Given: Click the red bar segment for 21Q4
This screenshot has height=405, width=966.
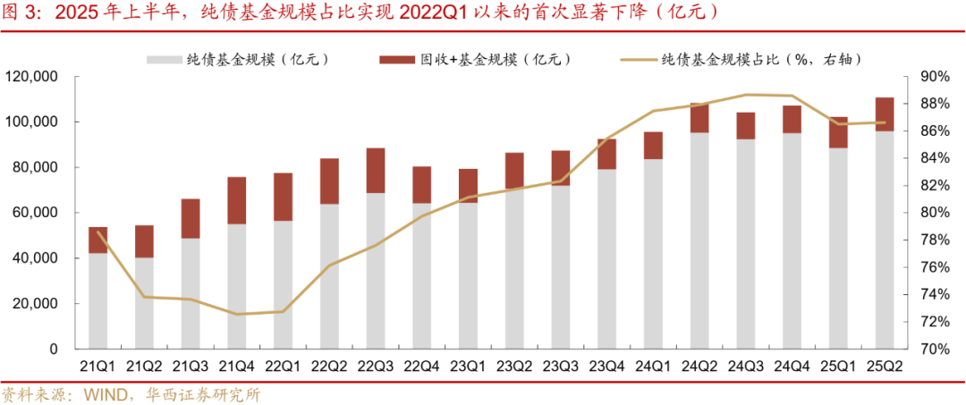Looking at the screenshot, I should [x=237, y=200].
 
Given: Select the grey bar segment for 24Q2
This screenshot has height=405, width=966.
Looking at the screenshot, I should [x=699, y=240].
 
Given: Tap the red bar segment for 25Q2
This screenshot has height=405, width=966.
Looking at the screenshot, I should [x=885, y=114].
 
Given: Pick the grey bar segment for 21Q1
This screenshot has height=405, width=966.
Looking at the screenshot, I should [x=98, y=300].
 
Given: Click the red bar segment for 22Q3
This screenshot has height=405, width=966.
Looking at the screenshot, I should [x=376, y=171].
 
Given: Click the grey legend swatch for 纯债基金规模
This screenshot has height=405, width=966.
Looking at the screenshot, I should [x=165, y=59].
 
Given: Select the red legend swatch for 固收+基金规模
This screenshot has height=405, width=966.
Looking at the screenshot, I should [x=397, y=59].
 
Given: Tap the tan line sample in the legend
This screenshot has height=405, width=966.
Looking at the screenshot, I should [x=638, y=59].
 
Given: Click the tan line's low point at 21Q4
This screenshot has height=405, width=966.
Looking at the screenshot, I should [x=237, y=314].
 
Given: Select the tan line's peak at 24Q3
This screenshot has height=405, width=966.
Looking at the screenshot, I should [x=746, y=95].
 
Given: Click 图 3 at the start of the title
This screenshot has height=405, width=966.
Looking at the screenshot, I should [x=20, y=14].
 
